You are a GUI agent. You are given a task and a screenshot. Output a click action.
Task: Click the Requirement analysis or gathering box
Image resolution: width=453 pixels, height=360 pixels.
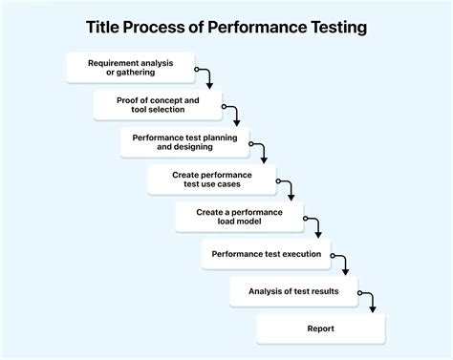point(131,69)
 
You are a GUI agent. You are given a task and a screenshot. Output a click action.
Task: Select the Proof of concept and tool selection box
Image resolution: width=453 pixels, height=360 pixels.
point(158,105)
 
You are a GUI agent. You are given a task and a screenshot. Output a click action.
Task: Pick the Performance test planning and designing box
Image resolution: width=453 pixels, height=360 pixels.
point(185,142)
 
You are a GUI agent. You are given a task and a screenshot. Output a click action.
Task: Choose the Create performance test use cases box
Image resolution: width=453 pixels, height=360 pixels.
point(212,180)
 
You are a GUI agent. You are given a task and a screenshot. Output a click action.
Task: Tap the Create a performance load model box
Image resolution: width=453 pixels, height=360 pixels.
point(239,217)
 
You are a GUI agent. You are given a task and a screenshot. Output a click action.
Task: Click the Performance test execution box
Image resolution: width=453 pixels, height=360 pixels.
point(267,254)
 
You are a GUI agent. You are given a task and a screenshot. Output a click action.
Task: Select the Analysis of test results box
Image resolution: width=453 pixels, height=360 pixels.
point(293,291)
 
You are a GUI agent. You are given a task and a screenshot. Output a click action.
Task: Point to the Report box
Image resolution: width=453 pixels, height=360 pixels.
point(320,328)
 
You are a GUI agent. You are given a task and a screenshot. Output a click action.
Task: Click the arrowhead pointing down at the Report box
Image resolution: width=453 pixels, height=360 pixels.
point(372,308)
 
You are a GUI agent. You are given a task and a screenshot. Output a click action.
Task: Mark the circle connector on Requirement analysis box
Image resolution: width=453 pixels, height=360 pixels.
point(195,69)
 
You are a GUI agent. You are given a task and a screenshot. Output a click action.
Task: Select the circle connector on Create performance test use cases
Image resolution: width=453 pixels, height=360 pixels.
point(276,180)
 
